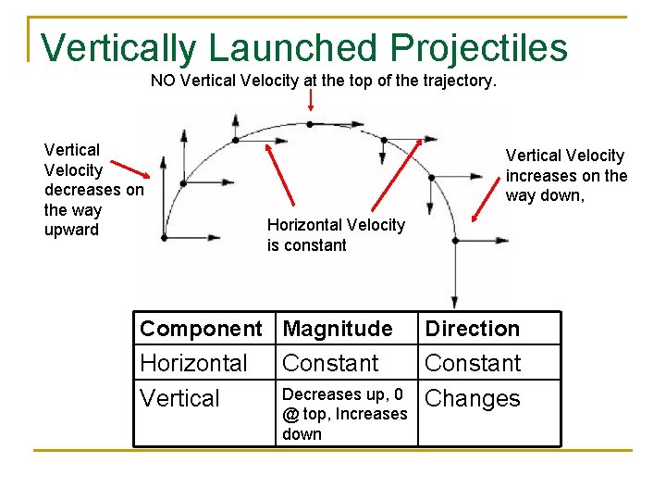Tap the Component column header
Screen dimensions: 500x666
point(201,329)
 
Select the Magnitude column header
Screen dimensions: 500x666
point(338,329)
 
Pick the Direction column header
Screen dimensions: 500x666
point(472,329)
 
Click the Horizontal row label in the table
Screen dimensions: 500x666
point(193,363)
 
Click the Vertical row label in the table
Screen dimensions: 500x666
point(179,398)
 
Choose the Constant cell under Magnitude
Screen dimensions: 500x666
point(330,363)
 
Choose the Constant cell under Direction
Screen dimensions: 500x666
point(473,363)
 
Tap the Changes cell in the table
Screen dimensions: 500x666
point(473,398)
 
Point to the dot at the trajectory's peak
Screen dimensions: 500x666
point(310,123)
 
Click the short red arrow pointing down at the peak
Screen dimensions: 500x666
point(310,98)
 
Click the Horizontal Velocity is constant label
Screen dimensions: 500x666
point(336,234)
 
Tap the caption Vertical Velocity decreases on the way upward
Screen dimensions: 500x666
point(93,189)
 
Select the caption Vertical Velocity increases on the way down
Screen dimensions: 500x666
point(566,175)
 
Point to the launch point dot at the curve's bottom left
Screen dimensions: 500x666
point(164,237)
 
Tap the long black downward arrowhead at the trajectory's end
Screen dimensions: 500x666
point(454,301)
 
